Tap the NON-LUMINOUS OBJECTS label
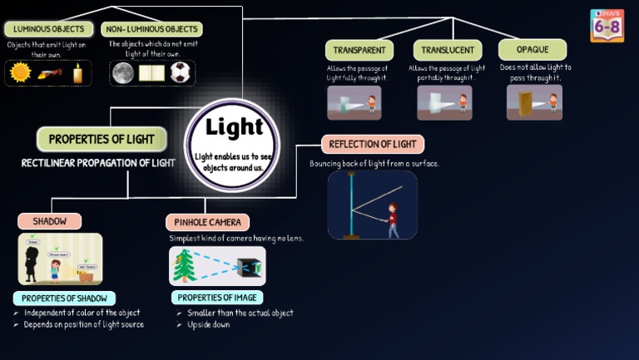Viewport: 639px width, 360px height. [x=151, y=29]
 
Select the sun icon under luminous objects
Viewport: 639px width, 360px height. [x=20, y=73]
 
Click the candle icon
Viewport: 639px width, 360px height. [x=77, y=73]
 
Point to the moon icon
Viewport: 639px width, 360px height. [x=123, y=73]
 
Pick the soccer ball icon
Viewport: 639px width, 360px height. [x=180, y=73]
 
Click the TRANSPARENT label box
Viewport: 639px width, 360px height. [x=359, y=50]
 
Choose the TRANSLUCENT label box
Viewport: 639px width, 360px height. [x=448, y=50]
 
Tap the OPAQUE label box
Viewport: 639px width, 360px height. [x=532, y=50]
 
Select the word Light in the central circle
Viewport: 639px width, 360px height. [x=234, y=127]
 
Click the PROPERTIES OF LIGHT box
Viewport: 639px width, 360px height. [x=102, y=139]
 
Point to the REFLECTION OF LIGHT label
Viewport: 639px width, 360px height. [x=372, y=144]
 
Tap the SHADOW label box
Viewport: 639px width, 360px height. [x=49, y=221]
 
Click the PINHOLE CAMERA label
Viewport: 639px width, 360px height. [x=208, y=222]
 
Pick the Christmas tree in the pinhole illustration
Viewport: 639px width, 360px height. [x=184, y=266]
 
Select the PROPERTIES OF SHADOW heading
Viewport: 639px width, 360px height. [x=64, y=298]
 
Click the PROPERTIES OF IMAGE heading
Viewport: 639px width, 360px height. [x=217, y=298]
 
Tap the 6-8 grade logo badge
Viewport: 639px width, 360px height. [x=607, y=26]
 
